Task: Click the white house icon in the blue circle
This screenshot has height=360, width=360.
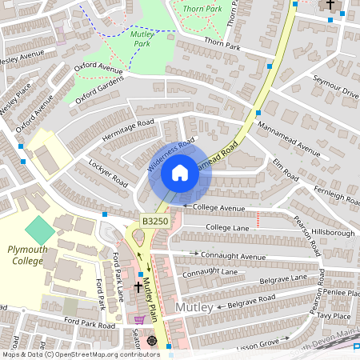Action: (180, 173)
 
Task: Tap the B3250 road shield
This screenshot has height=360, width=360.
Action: (154, 220)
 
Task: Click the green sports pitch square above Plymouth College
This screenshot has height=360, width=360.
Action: (40, 231)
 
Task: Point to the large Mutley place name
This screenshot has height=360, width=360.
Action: (194, 308)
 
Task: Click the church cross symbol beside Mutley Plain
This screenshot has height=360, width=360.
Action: (138, 286)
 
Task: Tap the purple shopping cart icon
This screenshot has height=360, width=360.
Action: (139, 318)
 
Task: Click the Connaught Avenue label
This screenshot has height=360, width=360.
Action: (232, 256)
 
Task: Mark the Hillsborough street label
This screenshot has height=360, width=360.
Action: (330, 233)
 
